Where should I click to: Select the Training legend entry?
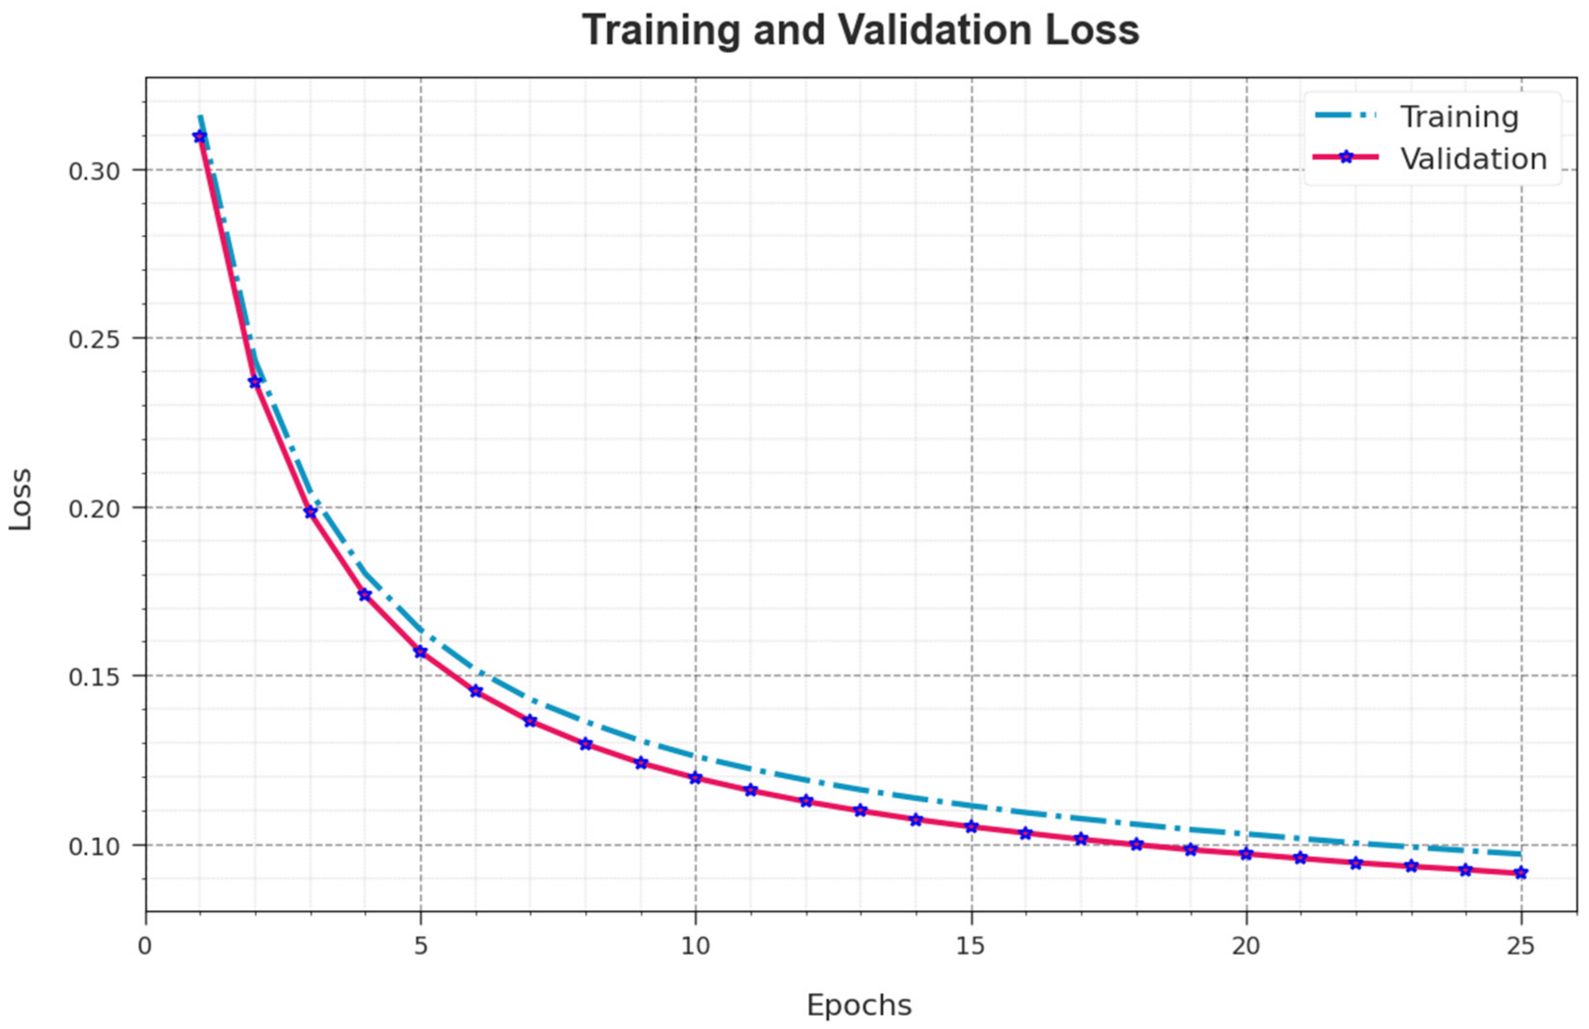coord(1459,117)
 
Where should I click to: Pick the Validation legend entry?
coord(1472,159)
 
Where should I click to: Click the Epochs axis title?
coord(859,1005)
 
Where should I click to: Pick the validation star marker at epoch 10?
coord(696,778)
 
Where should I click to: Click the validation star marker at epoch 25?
coord(1521,873)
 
